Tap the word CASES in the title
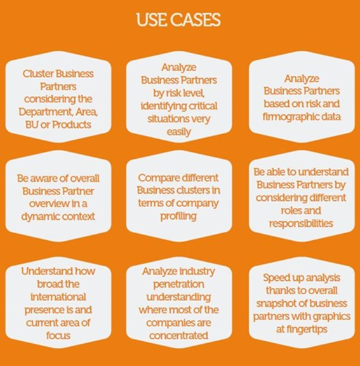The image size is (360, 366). (x=196, y=20)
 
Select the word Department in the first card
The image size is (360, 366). (x=46, y=112)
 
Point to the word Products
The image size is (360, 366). (x=72, y=125)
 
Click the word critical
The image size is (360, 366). (x=203, y=106)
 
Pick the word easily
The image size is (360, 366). (x=179, y=132)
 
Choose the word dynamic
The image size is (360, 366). (x=37, y=217)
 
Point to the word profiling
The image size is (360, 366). (x=178, y=217)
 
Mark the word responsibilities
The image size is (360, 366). (x=301, y=224)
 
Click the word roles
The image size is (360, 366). (x=291, y=211)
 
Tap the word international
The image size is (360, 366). (x=58, y=297)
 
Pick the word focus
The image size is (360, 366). (x=58, y=335)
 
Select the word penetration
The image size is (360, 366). (x=178, y=285)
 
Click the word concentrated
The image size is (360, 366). (x=178, y=335)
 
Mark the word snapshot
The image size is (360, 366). (x=275, y=304)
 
